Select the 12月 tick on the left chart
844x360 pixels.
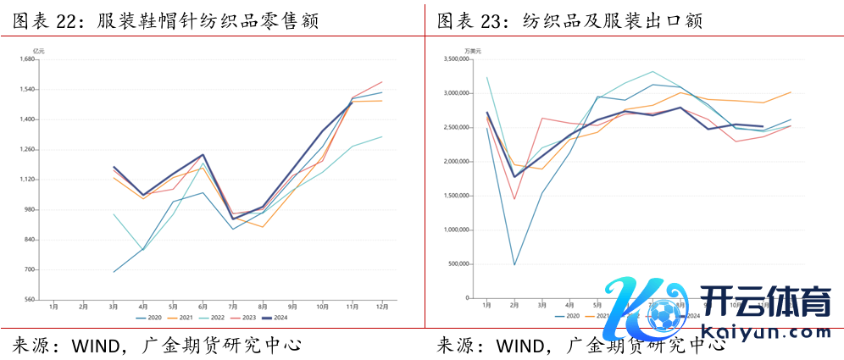382,306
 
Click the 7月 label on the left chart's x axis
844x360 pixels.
232,306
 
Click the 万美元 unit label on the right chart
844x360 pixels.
473,52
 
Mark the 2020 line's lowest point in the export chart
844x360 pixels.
514,265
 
